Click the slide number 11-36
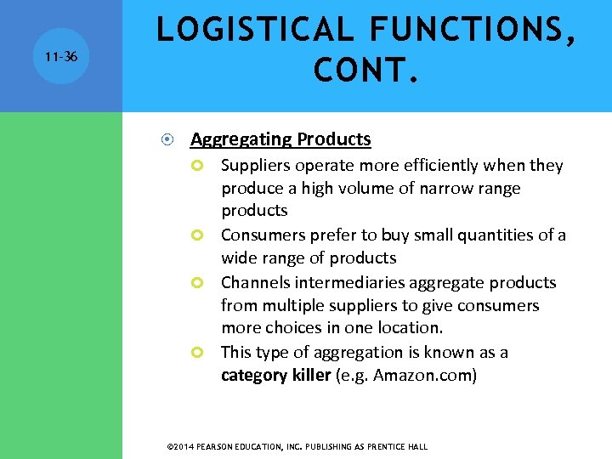pos(61,57)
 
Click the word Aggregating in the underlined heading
pos(239,139)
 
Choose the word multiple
pos(294,305)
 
